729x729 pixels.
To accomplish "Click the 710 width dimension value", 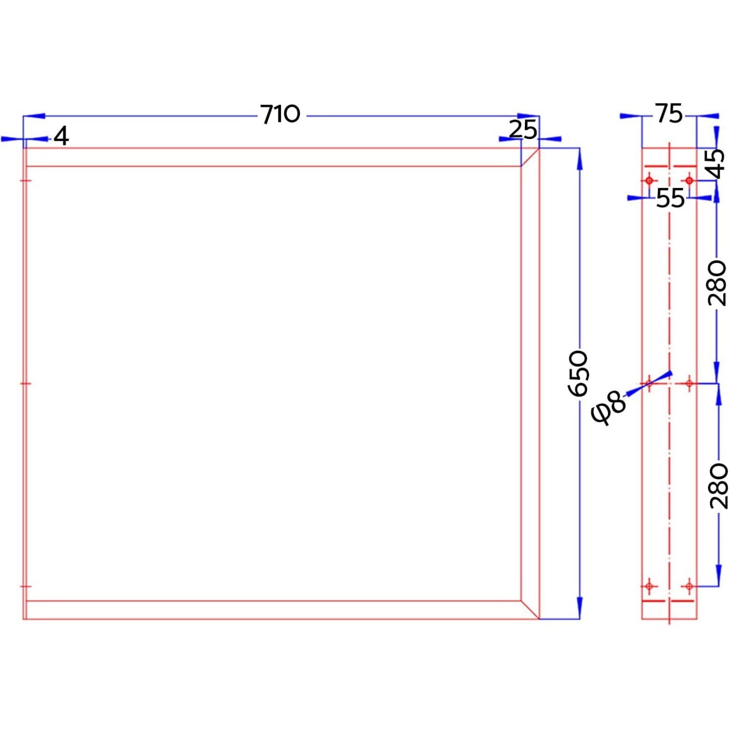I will tap(280, 115).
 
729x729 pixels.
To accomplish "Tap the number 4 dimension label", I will tap(61, 136).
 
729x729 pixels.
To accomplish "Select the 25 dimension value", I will tap(523, 129).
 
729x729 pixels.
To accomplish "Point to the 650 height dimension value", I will tap(578, 373).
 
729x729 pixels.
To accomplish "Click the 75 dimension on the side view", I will tap(669, 114).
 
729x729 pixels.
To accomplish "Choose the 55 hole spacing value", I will tap(670, 198).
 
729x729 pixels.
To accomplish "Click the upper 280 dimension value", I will tap(717, 283).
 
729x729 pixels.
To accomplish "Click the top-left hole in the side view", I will tap(649, 181).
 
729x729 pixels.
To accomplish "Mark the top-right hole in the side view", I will tap(689, 181).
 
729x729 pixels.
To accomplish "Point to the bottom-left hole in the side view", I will tap(649, 587).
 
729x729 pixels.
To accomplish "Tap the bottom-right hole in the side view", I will tap(689, 587).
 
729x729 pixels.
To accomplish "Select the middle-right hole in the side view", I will tap(689, 383).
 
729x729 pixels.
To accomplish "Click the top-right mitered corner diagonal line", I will tap(530, 157).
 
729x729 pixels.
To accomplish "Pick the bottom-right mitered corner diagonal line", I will tap(530, 610).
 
